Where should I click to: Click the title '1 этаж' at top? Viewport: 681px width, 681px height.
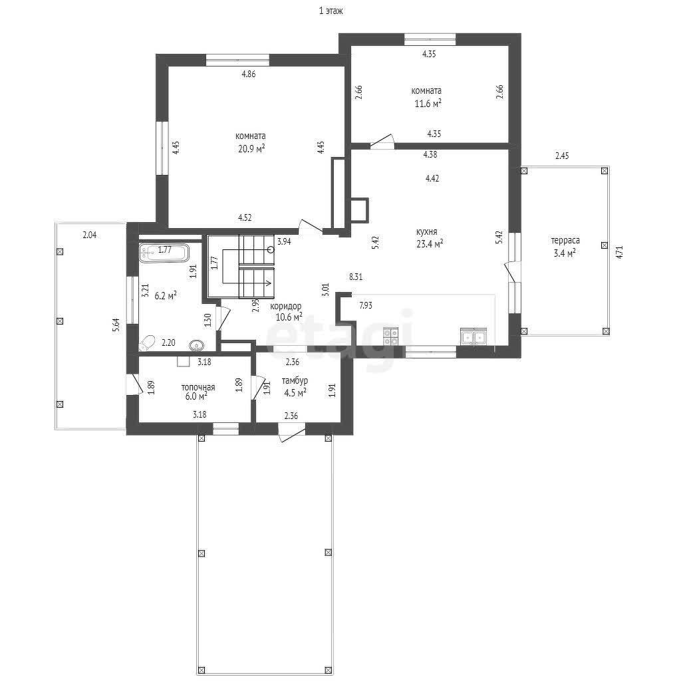click(x=331, y=11)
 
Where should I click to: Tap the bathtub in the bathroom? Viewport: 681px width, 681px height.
click(x=164, y=253)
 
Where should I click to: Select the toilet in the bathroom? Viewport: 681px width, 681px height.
click(x=147, y=342)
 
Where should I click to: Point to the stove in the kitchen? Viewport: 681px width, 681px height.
click(x=390, y=337)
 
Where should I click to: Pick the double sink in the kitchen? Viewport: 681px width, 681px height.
click(x=474, y=337)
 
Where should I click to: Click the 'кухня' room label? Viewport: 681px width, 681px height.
click(x=426, y=231)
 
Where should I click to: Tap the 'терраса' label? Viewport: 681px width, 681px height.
click(x=565, y=240)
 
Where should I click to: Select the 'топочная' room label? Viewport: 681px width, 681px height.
click(x=198, y=387)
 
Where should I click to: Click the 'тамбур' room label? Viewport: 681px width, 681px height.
click(x=295, y=381)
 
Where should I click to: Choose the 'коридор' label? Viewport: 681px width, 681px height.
click(x=286, y=306)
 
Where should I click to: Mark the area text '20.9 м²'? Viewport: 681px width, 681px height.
click(x=251, y=148)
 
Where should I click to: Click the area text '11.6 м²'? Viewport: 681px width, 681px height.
click(x=428, y=103)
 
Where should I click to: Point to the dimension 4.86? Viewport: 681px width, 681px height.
click(x=249, y=74)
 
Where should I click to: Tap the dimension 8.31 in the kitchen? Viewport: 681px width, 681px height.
click(x=356, y=277)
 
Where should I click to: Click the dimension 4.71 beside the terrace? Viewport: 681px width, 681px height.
click(x=620, y=252)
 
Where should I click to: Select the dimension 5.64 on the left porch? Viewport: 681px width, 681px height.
click(x=116, y=325)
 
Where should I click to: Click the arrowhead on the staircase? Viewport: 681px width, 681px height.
click(x=269, y=283)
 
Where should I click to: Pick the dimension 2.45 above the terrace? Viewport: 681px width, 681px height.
click(x=562, y=156)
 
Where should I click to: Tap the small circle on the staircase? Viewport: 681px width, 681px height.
click(x=271, y=250)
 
